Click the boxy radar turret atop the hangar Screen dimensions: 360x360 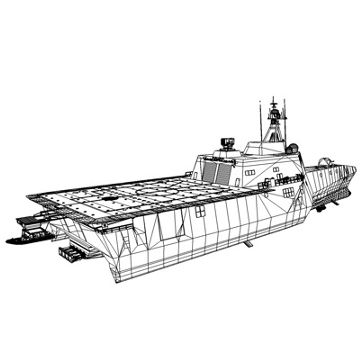coord(228,143)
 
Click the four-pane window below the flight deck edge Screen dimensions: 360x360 coord(200,211)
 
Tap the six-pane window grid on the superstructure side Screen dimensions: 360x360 coord(289,192)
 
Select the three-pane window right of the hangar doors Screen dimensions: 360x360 coord(250,172)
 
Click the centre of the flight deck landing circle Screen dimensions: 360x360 coord(156,192)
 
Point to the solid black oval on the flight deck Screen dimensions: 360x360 coord(108,198)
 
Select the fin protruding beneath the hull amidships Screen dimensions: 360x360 coord(248,244)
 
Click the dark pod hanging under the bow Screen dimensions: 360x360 coord(321,208)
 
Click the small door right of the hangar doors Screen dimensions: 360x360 coord(237,182)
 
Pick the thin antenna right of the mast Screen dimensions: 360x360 coord(285,120)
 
